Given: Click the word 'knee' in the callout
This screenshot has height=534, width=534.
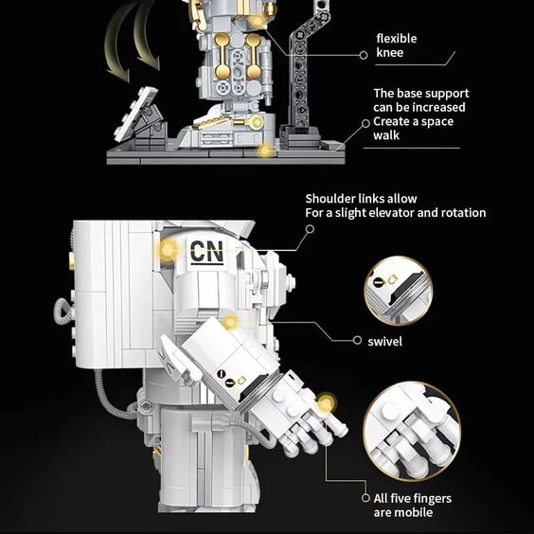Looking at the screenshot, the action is click(390, 52).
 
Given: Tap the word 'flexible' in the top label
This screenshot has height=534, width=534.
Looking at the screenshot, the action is click(397, 38).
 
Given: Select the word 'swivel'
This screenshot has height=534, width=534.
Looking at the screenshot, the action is click(384, 341).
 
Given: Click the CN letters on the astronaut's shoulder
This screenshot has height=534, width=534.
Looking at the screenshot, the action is click(206, 251).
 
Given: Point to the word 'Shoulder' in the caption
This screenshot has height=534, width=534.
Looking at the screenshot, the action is click(329, 199).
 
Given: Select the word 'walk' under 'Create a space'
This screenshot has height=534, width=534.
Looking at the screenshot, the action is click(386, 135).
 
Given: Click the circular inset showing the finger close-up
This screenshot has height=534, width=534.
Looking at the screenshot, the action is click(412, 431).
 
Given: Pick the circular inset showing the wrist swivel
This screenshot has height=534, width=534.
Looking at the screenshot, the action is click(398, 291).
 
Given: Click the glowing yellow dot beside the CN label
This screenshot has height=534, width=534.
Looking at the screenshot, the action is click(168, 250).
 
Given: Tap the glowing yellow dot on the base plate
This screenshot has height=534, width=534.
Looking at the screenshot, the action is click(265, 150).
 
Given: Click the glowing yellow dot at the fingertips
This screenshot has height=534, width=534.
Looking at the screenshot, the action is click(327, 403).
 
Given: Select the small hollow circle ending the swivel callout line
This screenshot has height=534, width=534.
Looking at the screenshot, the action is click(357, 340).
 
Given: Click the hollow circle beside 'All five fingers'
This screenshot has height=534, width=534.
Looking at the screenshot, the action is click(365, 498).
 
